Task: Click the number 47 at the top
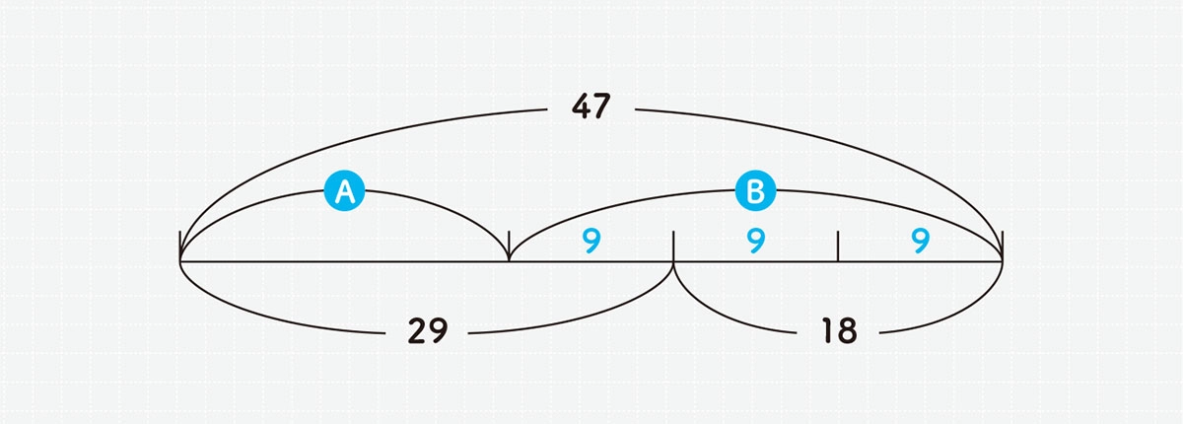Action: point(591,106)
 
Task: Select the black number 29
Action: point(428,331)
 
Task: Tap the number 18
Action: point(839,331)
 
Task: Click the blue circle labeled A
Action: point(344,190)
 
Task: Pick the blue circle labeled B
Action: point(756,190)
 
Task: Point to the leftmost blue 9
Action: point(591,241)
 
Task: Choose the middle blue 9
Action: point(756,241)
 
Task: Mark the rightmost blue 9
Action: point(921,241)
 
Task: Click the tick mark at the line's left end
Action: point(180,247)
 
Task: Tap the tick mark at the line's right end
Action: point(1003,247)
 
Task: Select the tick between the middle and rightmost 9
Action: point(838,247)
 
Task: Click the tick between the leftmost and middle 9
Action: point(673,247)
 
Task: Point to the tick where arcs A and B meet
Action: point(509,247)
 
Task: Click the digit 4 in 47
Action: point(582,106)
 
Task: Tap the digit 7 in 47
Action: point(602,106)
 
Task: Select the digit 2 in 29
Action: point(417,331)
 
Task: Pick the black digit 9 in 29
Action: point(438,331)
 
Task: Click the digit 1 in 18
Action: point(829,331)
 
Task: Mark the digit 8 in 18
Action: point(847,331)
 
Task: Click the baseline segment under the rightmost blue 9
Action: point(920,261)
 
